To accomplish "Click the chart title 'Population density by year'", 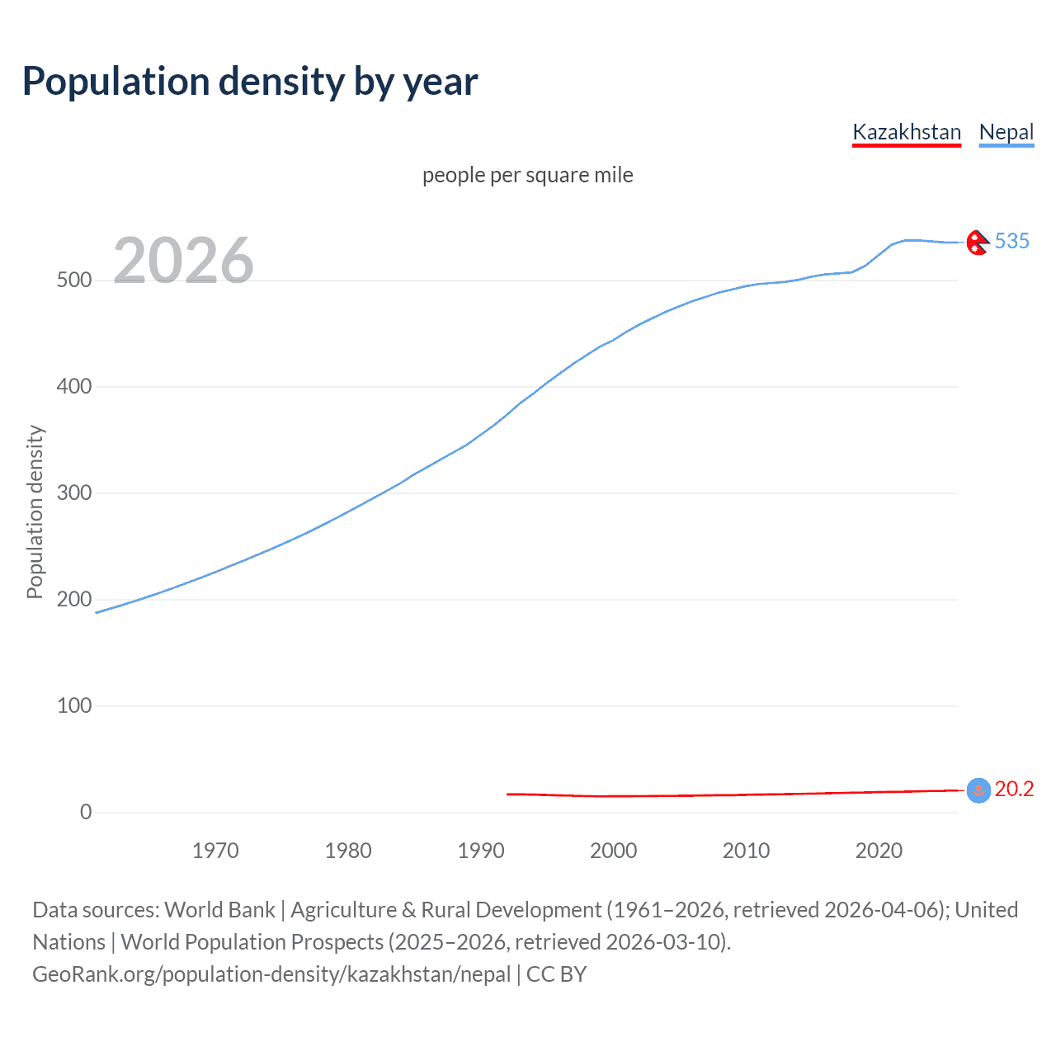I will [x=250, y=82].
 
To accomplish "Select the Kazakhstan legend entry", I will [x=906, y=132].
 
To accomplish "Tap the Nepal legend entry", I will [x=1006, y=132].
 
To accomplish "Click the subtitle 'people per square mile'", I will [x=527, y=175].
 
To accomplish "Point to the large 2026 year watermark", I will [x=183, y=261].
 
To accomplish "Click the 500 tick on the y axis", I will [x=74, y=280].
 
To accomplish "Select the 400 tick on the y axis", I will [x=74, y=386].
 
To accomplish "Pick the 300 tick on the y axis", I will [x=74, y=493].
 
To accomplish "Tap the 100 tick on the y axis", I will [x=74, y=706].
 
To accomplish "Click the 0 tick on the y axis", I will [x=85, y=813].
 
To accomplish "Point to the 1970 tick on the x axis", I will [x=215, y=851].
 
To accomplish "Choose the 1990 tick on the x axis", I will [x=481, y=851].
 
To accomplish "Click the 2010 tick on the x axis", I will [x=746, y=851].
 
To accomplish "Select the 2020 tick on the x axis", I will [x=879, y=851].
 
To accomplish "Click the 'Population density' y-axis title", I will [x=35, y=511].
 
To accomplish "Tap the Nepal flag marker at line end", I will [x=978, y=243].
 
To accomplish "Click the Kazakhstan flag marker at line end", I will [x=978, y=790].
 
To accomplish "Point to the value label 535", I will [x=1012, y=241].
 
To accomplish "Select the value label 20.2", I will [x=1014, y=790].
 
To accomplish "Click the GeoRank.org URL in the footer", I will [x=271, y=974].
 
